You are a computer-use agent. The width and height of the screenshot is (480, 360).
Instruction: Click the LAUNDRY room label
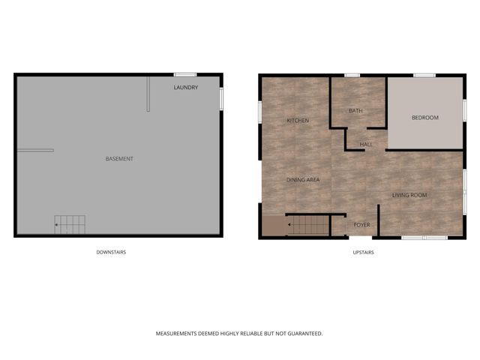point(185,88)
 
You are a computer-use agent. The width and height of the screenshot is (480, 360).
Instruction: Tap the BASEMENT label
point(119,158)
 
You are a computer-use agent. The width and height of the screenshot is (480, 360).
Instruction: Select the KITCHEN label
point(298,121)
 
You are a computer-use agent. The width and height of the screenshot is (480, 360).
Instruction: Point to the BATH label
point(355,111)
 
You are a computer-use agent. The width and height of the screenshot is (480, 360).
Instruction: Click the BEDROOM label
point(425,118)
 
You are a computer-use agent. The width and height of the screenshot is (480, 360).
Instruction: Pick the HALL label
point(366,144)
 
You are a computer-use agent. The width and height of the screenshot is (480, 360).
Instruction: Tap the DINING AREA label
point(303,180)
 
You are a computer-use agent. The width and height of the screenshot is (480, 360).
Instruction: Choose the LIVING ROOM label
point(409,195)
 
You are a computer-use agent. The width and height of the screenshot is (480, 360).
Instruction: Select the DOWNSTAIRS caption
point(111,252)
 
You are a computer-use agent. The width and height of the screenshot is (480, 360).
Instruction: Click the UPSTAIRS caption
point(363,252)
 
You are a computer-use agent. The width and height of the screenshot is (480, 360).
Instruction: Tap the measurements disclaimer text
point(239,333)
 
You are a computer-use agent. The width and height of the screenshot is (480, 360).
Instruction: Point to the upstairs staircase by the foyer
point(308,225)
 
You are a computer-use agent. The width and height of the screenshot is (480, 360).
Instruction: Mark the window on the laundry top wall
point(185,74)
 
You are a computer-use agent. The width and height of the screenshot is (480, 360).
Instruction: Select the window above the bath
point(352,75)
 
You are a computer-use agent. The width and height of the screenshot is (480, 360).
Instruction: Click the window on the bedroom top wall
point(424,75)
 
